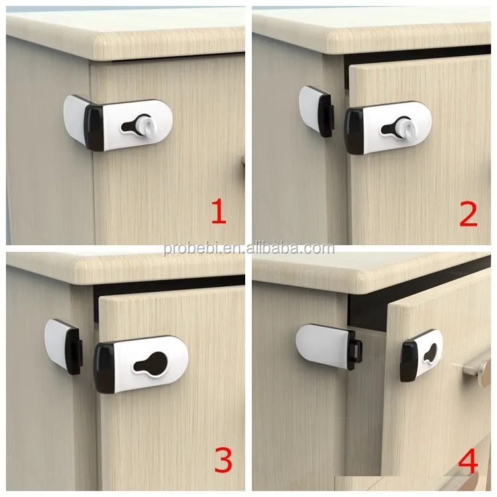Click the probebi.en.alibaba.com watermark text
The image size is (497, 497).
point(248,248)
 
